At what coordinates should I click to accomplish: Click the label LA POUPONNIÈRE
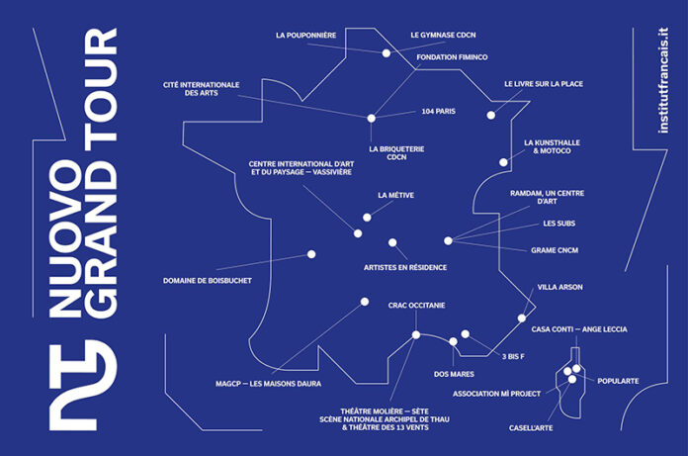pyautogui.click(x=305, y=35)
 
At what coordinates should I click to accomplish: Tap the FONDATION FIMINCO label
pyautogui.click(x=452, y=57)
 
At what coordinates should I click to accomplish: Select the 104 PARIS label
pyautogui.click(x=438, y=112)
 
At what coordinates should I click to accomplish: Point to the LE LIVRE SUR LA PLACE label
pyautogui.click(x=544, y=84)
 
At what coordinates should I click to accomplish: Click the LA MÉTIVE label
pyautogui.click(x=395, y=195)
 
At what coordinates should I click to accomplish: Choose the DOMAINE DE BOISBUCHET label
pyautogui.click(x=208, y=281)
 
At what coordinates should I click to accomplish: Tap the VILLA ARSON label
pyautogui.click(x=559, y=287)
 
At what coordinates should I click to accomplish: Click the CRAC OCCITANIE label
pyautogui.click(x=416, y=305)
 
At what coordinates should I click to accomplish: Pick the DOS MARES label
pyautogui.click(x=454, y=374)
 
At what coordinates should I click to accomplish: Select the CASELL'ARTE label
pyautogui.click(x=531, y=428)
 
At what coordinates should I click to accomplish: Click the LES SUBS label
pyautogui.click(x=559, y=224)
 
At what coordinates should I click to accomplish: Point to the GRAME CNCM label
pyautogui.click(x=555, y=250)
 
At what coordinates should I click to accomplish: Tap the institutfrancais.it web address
pyautogui.click(x=662, y=81)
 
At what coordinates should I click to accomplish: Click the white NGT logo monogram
pyautogui.click(x=83, y=385)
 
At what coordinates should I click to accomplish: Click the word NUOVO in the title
pyautogui.click(x=65, y=238)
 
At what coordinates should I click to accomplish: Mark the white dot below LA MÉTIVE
pyautogui.click(x=367, y=218)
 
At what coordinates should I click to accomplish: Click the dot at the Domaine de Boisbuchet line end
pyautogui.click(x=311, y=254)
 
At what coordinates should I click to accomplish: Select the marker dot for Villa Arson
pyautogui.click(x=522, y=319)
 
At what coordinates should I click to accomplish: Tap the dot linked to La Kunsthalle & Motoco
pyautogui.click(x=503, y=162)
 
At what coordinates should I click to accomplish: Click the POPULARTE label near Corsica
pyautogui.click(x=618, y=381)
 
